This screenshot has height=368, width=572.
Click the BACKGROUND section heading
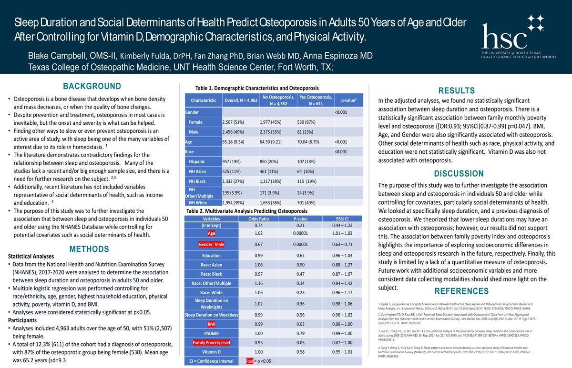pos(92,86)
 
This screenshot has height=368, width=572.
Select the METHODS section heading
pos(89,249)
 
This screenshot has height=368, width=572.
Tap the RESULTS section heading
pos(456,90)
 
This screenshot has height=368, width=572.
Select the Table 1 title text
pos(257,88)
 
